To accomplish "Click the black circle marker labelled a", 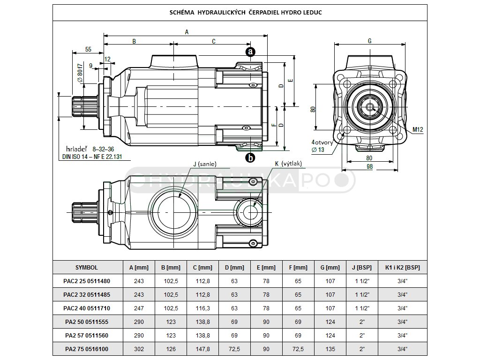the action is (250, 52).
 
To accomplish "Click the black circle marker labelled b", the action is (250, 157).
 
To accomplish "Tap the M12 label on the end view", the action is (418, 129).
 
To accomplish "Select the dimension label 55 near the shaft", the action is (88, 49).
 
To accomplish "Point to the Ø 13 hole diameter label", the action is (318, 150).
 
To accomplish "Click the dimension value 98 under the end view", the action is (369, 166).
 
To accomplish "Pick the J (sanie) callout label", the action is (205, 164).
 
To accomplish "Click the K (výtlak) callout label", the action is (288, 164).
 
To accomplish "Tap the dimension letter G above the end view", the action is (369, 41).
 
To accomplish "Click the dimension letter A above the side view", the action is (187, 32).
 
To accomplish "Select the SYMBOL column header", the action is (87, 267).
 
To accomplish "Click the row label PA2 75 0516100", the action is (87, 349).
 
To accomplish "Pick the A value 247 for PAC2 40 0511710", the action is (139, 308).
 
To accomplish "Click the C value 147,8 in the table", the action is (202, 349).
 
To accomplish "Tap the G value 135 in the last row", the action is (330, 349).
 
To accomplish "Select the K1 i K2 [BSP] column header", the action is (402, 267).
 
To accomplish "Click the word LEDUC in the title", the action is (312, 13).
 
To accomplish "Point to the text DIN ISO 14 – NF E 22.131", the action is (92, 157).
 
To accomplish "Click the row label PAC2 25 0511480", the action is (87, 281).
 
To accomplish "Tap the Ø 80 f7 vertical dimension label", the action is (80, 73).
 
